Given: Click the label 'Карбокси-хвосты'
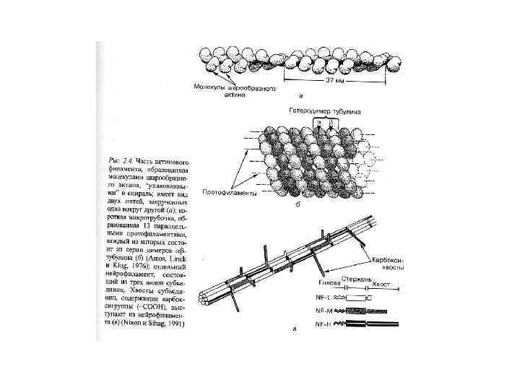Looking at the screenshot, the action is point(392,263).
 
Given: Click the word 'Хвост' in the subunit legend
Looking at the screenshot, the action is point(381,285).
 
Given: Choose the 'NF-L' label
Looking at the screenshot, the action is point(324,298).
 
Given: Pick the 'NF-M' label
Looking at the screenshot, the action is point(324,310).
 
